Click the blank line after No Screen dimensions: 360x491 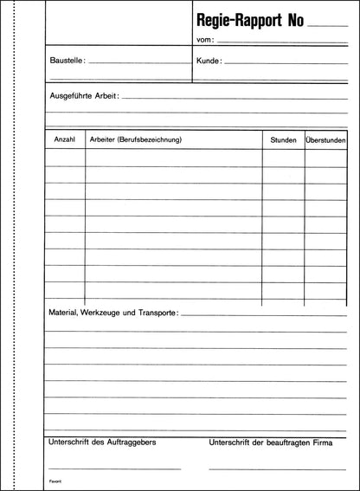point(328,27)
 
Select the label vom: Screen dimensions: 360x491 point(204,41)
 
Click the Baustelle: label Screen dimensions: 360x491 point(67,61)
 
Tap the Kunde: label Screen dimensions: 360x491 point(209,61)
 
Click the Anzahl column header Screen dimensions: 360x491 point(65,139)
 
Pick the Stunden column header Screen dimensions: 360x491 point(283,139)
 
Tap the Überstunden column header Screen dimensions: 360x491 point(325,139)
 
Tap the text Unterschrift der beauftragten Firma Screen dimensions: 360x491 point(270,443)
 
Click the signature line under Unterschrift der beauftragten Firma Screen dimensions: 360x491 point(278,468)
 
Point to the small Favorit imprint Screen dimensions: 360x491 point(55,481)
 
